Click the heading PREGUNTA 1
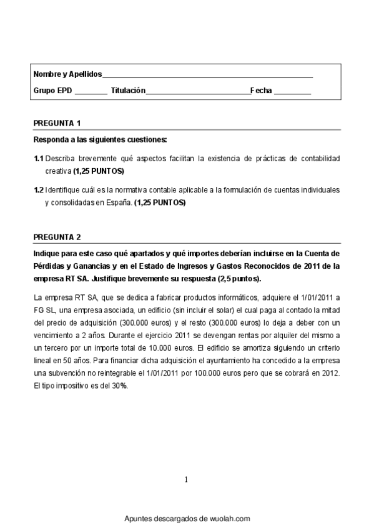[57, 122]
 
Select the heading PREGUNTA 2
[57, 237]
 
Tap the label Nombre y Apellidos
[67, 74]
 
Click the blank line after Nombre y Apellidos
[207, 76]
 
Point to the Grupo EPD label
[52, 91]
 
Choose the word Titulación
[128, 91]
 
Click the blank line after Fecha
[292, 92]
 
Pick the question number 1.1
[38, 159]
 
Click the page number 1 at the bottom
[186, 479]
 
